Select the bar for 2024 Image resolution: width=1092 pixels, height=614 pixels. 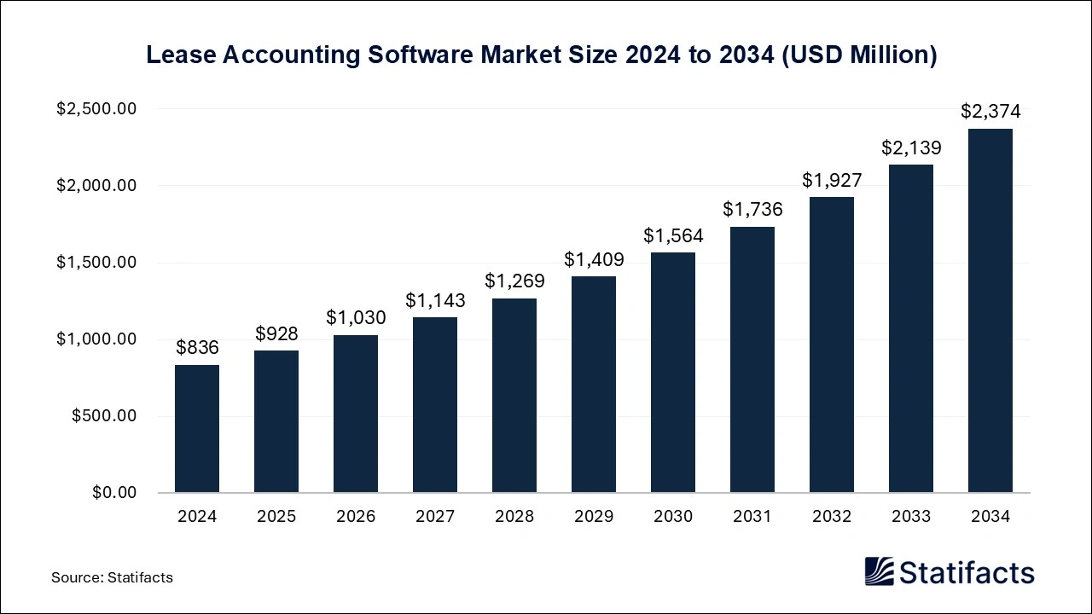pyautogui.click(x=197, y=429)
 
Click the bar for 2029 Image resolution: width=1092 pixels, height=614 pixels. pyautogui.click(x=594, y=385)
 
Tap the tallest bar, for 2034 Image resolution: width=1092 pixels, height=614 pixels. pyautogui.click(x=990, y=311)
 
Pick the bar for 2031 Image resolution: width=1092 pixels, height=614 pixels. pyautogui.click(x=752, y=360)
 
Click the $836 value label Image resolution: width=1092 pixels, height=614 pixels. pyautogui.click(x=197, y=347)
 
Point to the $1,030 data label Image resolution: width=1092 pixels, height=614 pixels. pyautogui.click(x=356, y=317)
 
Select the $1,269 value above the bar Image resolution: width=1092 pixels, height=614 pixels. pyautogui.click(x=514, y=281)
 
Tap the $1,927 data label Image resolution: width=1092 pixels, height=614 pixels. pyautogui.click(x=832, y=180)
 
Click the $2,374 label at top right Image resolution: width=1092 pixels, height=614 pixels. pyautogui.click(x=990, y=111)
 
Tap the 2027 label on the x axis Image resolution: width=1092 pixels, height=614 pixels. pyautogui.click(x=435, y=517)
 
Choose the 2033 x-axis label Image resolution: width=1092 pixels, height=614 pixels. pyautogui.click(x=911, y=517)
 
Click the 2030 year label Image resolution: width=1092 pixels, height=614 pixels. pyautogui.click(x=673, y=517)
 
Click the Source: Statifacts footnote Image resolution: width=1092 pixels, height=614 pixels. pyautogui.click(x=112, y=577)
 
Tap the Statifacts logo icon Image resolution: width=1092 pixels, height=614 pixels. pyautogui.click(x=878, y=571)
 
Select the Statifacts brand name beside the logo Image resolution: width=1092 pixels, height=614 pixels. pyautogui.click(x=967, y=571)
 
